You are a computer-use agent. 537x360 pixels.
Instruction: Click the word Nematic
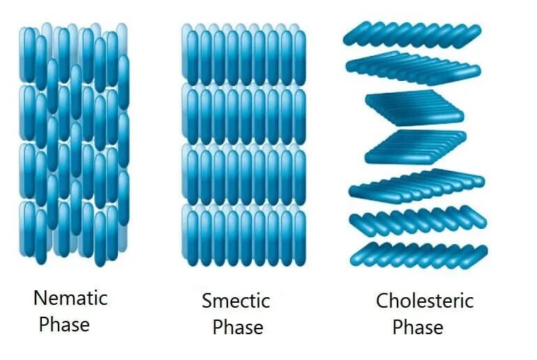[x=70, y=299]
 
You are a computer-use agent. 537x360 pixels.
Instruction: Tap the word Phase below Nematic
[x=64, y=324]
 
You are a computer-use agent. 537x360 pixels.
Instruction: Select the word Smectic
[x=236, y=301]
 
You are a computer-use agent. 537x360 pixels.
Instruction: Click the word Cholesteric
[x=425, y=301]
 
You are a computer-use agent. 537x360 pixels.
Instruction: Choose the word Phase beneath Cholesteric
[x=418, y=327]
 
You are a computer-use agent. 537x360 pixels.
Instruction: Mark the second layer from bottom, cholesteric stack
[x=417, y=223]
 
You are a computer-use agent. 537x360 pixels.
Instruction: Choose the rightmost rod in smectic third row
[x=300, y=174]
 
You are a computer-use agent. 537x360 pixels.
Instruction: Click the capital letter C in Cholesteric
[x=382, y=301]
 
